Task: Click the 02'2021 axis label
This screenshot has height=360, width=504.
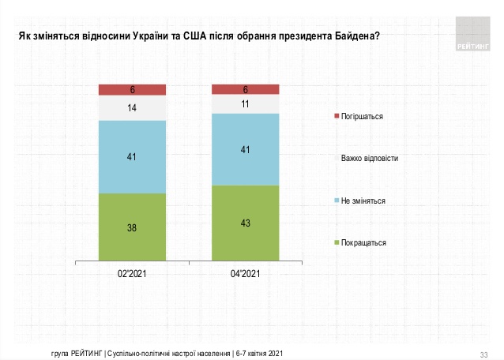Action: pos(132,274)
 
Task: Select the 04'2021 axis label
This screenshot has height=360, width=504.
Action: pos(246,274)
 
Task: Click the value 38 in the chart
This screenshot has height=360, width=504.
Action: pos(132,227)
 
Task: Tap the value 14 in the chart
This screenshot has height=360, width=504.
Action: pos(132,107)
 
